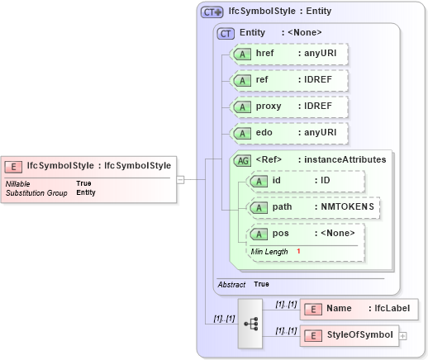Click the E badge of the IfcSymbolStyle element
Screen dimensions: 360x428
click(15, 165)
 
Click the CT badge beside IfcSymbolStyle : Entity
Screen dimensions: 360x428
click(212, 12)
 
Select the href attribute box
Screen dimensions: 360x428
click(290, 54)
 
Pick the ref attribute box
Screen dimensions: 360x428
click(290, 80)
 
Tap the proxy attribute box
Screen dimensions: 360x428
click(290, 107)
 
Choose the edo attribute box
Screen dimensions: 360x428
click(290, 133)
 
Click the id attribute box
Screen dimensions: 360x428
click(306, 181)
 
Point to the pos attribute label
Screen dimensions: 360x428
click(280, 234)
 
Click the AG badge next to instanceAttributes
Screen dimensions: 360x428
click(243, 159)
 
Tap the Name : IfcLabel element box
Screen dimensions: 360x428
click(359, 309)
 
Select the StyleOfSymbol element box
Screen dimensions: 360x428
click(351, 335)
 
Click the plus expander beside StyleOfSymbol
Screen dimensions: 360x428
click(403, 335)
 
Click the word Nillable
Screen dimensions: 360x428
click(18, 183)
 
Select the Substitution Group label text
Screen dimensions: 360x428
click(36, 192)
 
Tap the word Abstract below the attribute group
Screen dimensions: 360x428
click(231, 284)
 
